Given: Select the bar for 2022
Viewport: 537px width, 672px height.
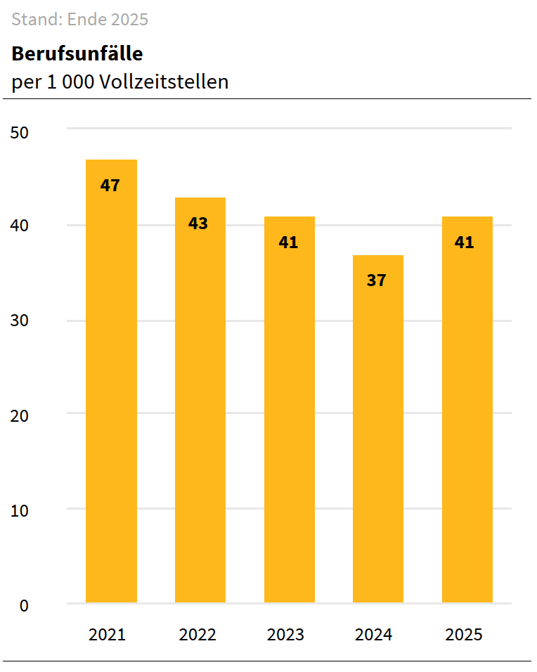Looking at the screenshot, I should point(200,408).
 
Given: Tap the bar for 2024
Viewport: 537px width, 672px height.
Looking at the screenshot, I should point(378,436).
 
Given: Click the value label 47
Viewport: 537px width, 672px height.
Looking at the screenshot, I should point(110,186).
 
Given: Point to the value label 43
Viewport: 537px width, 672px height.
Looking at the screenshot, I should point(199,224).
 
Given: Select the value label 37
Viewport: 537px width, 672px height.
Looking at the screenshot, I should point(377,280).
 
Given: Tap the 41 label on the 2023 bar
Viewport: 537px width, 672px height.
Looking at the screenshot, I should point(288,243).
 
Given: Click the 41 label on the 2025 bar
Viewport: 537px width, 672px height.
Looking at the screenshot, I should point(465,243).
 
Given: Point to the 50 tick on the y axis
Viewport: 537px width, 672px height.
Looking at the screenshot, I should point(20,132).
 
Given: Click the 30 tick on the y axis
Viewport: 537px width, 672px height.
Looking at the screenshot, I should point(20,321).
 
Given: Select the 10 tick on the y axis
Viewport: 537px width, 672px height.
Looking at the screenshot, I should point(20,510).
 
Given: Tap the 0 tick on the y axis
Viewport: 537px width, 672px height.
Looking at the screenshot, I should point(25,605).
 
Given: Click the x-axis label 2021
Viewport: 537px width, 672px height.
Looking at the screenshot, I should point(107,635).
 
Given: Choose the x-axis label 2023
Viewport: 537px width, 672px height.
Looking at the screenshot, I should point(285,635).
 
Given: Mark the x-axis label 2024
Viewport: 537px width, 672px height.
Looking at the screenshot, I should point(374,635).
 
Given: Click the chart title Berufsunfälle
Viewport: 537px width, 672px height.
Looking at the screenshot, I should point(77,54).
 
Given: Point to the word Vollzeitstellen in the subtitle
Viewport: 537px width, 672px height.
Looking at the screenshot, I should point(164,82).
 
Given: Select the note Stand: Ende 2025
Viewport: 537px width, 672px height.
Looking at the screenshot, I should point(80,20).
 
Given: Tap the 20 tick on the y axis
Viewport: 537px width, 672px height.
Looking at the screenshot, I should point(20,416).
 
